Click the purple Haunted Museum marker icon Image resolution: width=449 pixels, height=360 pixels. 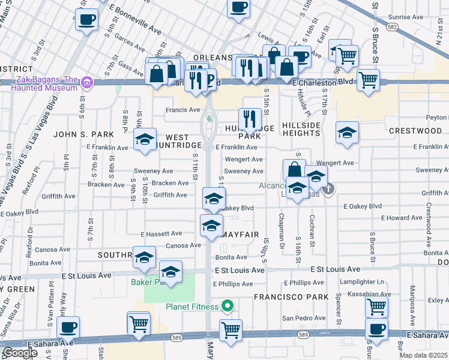click(x=88, y=82)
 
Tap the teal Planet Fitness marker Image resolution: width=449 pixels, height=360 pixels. click(x=227, y=307)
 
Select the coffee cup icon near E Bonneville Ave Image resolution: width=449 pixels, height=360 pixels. click(x=86, y=19)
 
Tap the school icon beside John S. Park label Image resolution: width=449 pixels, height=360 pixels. click(x=145, y=140)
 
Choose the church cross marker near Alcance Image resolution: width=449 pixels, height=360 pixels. click(x=328, y=190)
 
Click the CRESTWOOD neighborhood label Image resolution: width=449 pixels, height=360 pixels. click(x=415, y=131)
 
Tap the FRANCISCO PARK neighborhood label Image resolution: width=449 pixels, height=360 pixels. click(x=291, y=297)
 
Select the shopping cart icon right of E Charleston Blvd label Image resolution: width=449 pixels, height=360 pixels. click(x=368, y=79)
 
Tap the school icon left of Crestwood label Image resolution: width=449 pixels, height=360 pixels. click(x=347, y=133)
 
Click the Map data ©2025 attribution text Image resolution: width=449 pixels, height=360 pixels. click(x=423, y=355)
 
